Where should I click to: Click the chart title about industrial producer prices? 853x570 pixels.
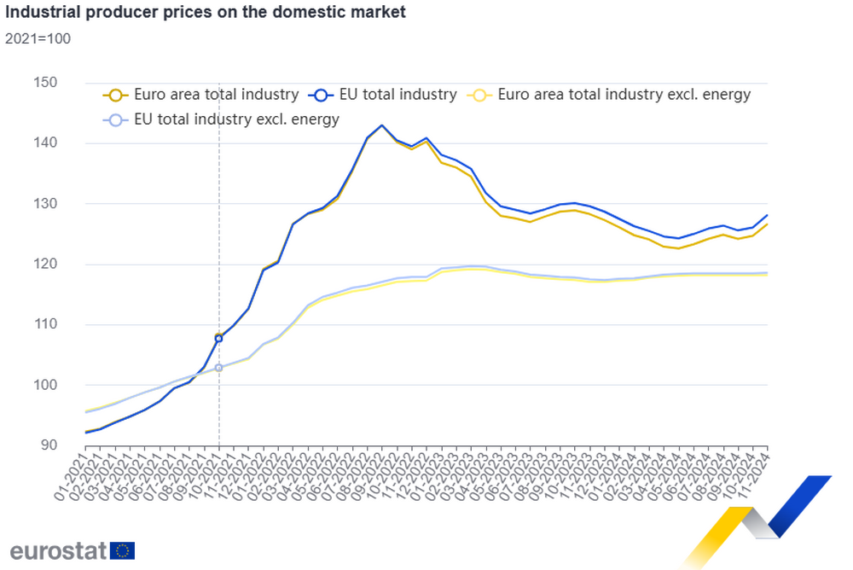(x=205, y=14)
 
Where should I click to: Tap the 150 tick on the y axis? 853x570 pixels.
(x=44, y=83)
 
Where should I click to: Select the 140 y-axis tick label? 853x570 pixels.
(x=44, y=143)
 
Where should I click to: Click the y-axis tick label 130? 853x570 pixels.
(x=44, y=204)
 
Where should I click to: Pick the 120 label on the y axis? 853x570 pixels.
(x=44, y=265)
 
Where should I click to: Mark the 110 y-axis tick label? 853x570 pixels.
(x=44, y=324)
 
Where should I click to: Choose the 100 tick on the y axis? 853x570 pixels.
(x=44, y=385)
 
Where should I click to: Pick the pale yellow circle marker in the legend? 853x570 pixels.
(x=480, y=96)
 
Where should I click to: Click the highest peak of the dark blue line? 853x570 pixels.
(x=381, y=126)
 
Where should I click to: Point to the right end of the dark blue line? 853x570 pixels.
(x=769, y=214)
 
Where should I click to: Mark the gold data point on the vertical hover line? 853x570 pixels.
(x=219, y=333)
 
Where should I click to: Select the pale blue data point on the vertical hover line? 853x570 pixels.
(x=219, y=369)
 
